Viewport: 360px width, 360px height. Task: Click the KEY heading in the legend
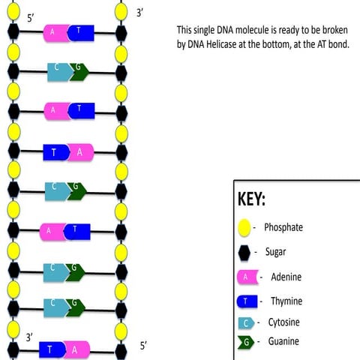tap(251, 201)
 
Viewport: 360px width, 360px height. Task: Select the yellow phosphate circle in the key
tap(244, 227)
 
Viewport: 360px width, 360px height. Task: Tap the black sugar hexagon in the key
tap(244, 253)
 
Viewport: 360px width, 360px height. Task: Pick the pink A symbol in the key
tap(245, 277)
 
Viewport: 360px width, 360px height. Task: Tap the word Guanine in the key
tap(283, 342)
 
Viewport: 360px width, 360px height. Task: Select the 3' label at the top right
tap(139, 13)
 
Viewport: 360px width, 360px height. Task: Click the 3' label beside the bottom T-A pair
tap(30, 337)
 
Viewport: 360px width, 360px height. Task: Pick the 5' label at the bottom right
tap(144, 346)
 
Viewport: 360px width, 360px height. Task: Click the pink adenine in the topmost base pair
tap(55, 31)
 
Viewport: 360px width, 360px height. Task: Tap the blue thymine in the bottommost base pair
tap(51, 349)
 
